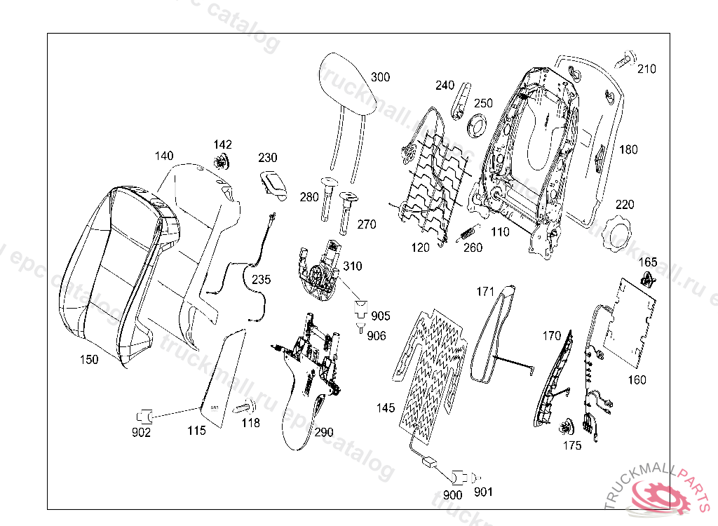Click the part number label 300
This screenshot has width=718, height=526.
click(x=380, y=77)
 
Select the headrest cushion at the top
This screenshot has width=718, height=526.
click(x=348, y=84)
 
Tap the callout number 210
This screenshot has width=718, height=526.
click(x=646, y=69)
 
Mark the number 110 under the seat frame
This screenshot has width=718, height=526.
click(x=500, y=231)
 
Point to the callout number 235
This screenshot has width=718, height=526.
click(x=261, y=279)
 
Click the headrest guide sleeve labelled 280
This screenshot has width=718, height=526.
click(x=327, y=200)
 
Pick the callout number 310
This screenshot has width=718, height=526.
click(x=353, y=267)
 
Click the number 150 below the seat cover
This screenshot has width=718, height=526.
click(x=89, y=360)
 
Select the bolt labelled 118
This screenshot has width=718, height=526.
click(x=245, y=407)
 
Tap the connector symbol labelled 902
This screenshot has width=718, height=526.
click(x=146, y=414)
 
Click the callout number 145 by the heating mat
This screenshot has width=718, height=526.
click(x=386, y=407)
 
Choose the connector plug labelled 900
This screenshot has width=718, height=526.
click(x=459, y=477)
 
